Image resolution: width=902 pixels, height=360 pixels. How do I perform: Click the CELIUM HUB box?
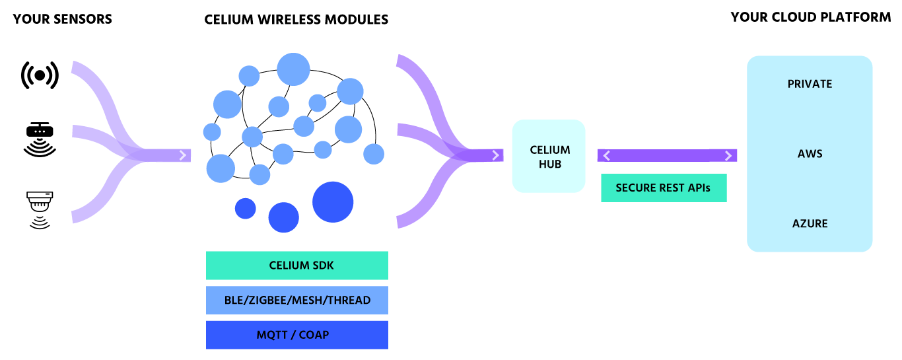click(549, 156)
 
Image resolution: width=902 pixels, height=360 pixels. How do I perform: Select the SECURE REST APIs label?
click(663, 188)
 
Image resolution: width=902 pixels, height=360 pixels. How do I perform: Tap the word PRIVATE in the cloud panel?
click(810, 84)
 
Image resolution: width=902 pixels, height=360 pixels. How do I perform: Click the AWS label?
click(810, 154)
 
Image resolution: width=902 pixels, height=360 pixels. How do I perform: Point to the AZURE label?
click(810, 223)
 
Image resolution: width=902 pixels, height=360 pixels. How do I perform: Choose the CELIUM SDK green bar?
click(296, 266)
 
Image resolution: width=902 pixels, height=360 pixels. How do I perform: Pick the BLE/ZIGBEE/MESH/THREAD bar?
click(296, 300)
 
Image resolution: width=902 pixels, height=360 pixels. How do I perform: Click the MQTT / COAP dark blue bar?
click(296, 335)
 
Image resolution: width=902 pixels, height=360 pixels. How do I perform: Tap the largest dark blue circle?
click(333, 201)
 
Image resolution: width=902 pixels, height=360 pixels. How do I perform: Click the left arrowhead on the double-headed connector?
click(606, 156)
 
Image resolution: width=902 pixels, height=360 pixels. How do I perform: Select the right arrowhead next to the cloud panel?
click(728, 156)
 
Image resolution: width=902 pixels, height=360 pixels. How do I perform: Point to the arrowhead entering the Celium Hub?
click(495, 156)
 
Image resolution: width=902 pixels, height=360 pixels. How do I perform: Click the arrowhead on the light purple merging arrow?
click(183, 156)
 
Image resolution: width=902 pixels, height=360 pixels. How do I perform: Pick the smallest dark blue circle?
click(246, 208)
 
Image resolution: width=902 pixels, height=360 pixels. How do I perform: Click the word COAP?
click(314, 335)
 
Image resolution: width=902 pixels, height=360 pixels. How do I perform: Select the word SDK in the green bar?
click(322, 266)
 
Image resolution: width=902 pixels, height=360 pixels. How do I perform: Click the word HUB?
click(549, 163)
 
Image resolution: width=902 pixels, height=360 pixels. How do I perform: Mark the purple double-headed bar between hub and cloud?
click(667, 156)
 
